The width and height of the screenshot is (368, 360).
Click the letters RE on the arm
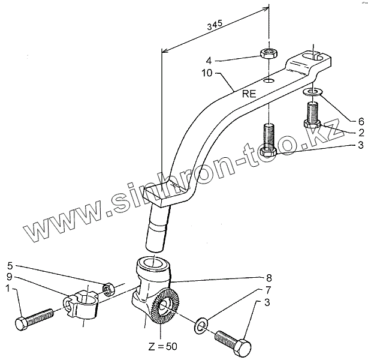point(249,94)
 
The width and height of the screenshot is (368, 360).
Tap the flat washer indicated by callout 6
point(311,92)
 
